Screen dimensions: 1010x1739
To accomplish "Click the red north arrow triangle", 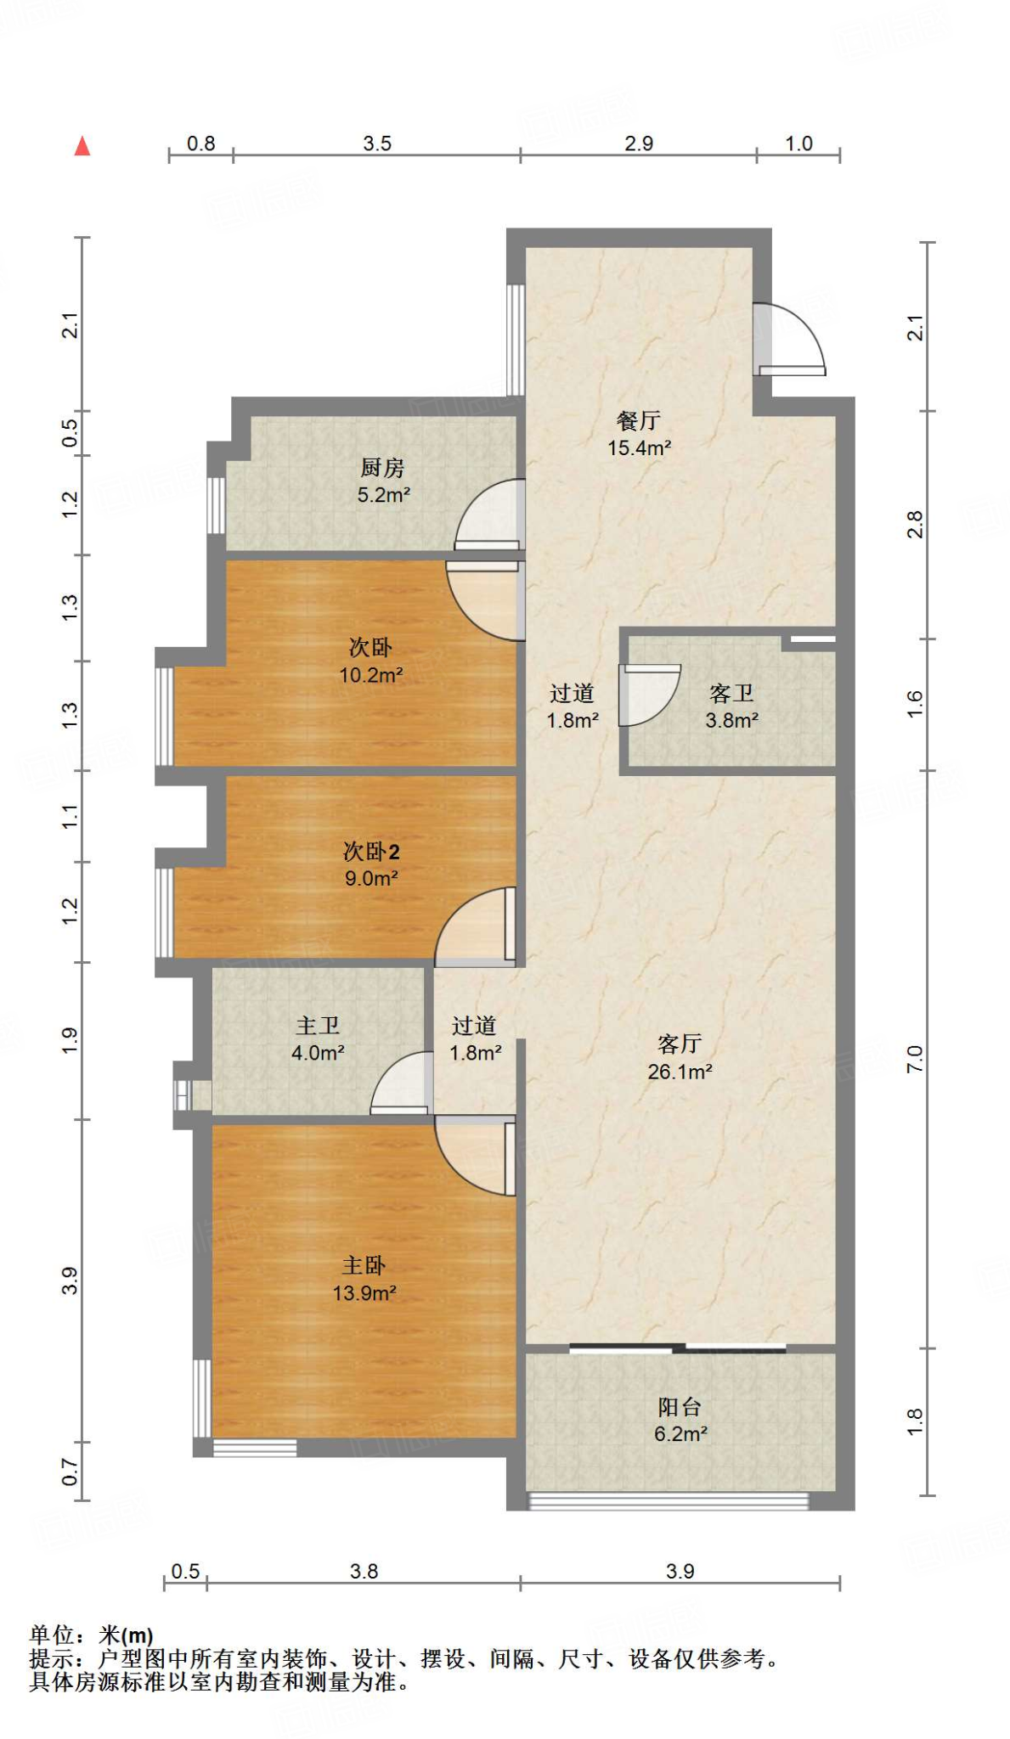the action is pyautogui.click(x=82, y=146).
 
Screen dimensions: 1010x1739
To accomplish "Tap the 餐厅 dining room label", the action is pyautogui.click(x=639, y=420).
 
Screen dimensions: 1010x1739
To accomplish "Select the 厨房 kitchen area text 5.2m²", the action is pyautogui.click(x=384, y=495).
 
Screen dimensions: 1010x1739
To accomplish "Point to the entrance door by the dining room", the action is pyautogui.click(x=789, y=340).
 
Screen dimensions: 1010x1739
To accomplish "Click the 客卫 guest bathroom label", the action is pyautogui.click(x=731, y=694).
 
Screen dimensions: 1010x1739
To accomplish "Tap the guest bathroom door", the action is pyautogui.click(x=649, y=695).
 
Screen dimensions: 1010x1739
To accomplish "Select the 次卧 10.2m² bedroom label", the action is pyautogui.click(x=371, y=661).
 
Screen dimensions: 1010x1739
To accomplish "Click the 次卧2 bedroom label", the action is pyautogui.click(x=371, y=851).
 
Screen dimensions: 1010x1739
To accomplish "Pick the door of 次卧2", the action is pyautogui.click(x=476, y=926).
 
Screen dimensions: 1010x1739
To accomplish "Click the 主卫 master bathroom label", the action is pyautogui.click(x=318, y=1026).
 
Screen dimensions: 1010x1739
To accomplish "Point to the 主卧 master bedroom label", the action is pyautogui.click(x=364, y=1266).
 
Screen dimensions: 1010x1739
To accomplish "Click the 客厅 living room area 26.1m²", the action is pyautogui.click(x=680, y=1072).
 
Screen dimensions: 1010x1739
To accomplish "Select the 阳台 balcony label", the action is pyautogui.click(x=680, y=1407).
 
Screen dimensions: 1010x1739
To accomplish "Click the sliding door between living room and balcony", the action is pyautogui.click(x=678, y=1348).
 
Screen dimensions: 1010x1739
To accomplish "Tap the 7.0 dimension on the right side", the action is pyautogui.click(x=915, y=1059).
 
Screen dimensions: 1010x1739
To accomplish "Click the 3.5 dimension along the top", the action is pyautogui.click(x=377, y=144).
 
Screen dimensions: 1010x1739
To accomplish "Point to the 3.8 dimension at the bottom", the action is pyautogui.click(x=364, y=1572).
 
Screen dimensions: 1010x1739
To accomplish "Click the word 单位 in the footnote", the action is pyautogui.click(x=52, y=1635).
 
